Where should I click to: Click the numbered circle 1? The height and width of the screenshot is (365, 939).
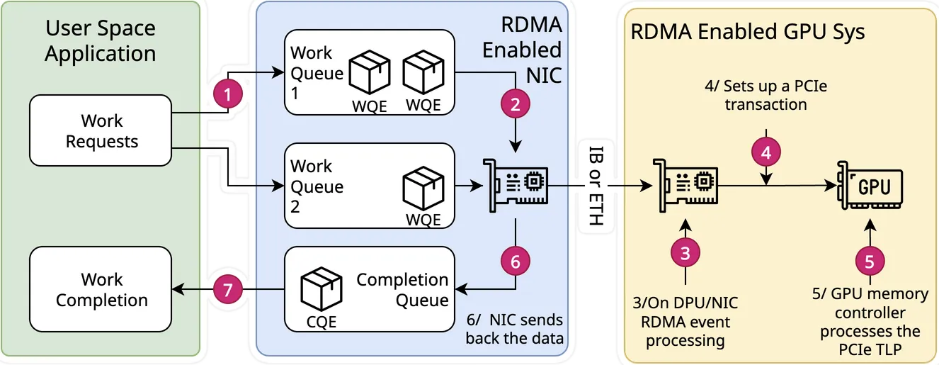pos(229,94)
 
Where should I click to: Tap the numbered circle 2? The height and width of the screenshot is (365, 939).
pos(516,103)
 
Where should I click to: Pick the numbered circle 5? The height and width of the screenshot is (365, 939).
pos(870,260)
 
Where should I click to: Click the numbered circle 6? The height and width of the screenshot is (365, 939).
pos(516,261)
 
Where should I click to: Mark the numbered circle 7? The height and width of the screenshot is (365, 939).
pos(229,288)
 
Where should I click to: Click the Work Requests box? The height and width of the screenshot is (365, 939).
pos(101,131)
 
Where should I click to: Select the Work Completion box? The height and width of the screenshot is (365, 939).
pos(101,289)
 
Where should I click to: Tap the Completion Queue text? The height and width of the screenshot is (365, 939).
pos(402,289)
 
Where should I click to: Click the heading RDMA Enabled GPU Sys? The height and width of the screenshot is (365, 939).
pos(747,32)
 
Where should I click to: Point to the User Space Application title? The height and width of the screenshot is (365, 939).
pos(101,41)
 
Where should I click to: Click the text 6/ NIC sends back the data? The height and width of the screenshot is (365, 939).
pos(514,329)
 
